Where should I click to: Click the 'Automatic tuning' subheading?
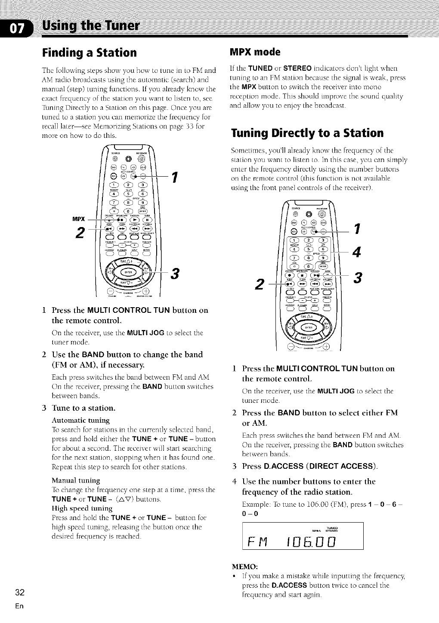[80, 420]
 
